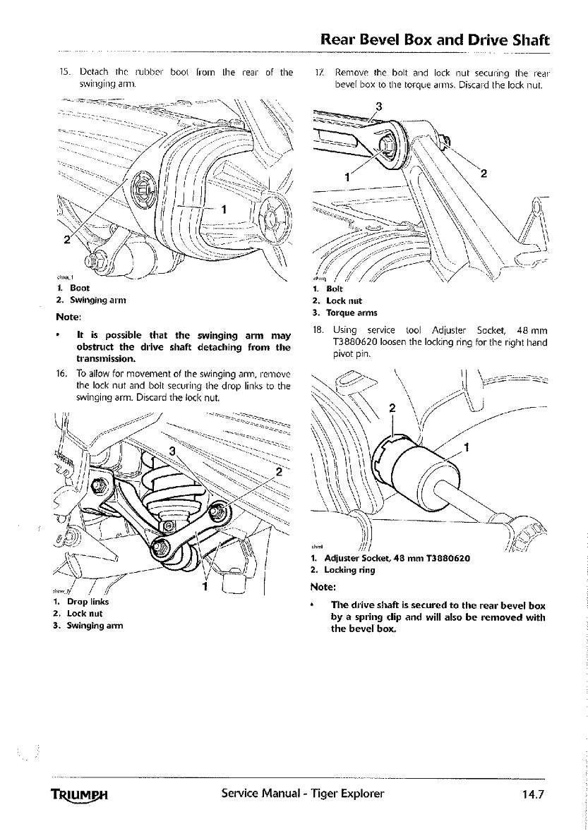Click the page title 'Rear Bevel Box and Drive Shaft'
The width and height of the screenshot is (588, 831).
pyautogui.click(x=434, y=40)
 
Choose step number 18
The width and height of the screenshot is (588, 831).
pyautogui.click(x=318, y=329)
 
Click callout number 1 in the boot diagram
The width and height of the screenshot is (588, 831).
pyautogui.click(x=224, y=209)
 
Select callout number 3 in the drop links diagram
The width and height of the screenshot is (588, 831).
pyautogui.click(x=172, y=452)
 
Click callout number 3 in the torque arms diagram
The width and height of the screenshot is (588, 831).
pyautogui.click(x=379, y=107)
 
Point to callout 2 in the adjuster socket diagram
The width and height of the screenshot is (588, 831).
pyautogui.click(x=392, y=408)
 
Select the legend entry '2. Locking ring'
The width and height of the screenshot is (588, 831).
pyautogui.click(x=345, y=569)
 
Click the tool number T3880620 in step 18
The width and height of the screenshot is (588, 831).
pyautogui.click(x=356, y=343)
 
